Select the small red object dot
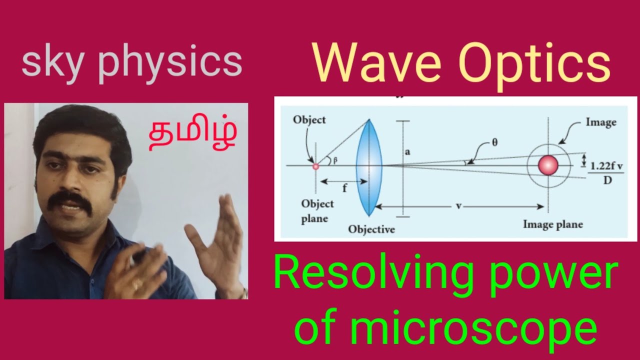pos(315,166)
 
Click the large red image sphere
pos(547,165)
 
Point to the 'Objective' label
pos(371,229)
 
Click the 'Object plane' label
pos(317,211)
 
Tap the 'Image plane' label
pos(552,224)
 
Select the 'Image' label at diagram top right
pos(600,122)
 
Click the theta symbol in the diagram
pos(495,142)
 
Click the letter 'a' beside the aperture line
pos(407,152)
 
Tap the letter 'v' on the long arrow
pos(458,206)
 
